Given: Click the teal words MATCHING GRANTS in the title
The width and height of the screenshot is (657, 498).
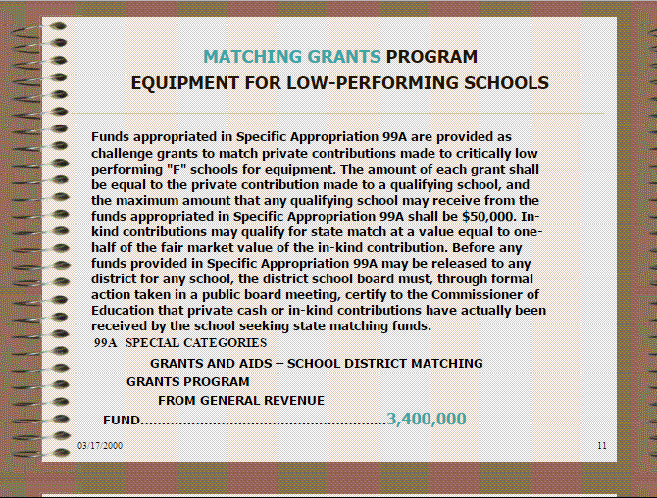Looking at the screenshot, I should [292, 57].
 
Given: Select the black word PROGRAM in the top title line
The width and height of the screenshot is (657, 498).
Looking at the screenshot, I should [431, 57].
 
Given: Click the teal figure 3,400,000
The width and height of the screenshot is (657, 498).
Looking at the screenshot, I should [427, 420].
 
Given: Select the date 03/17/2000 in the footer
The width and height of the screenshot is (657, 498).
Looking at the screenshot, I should [101, 446].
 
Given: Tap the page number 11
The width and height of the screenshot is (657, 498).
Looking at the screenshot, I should [602, 446].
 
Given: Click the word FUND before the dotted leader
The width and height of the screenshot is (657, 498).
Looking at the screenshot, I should [122, 421].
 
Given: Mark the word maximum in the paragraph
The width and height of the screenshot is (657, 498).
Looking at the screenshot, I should [163, 200].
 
